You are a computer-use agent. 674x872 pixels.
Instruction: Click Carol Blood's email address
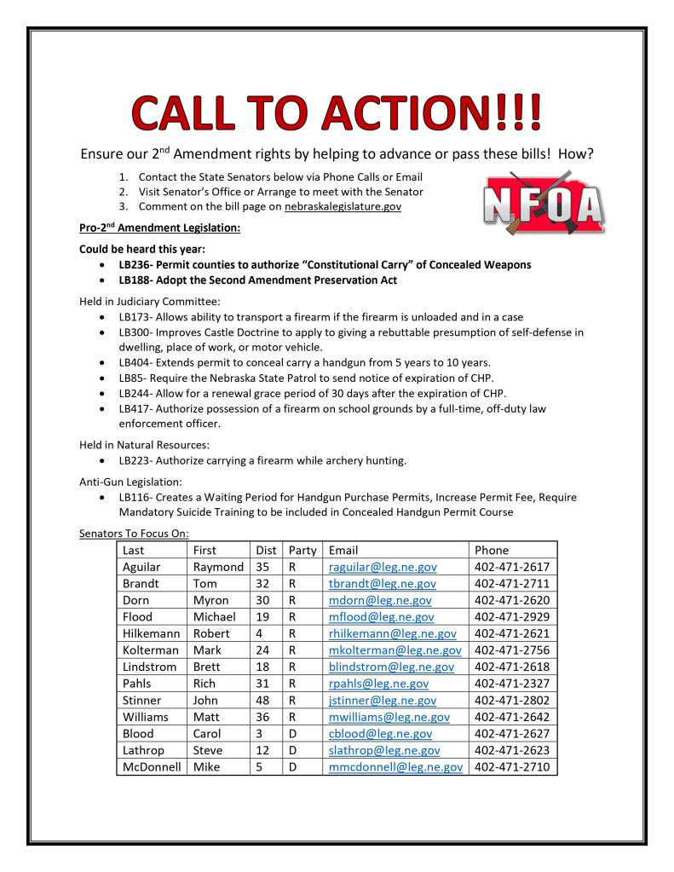coord(380,733)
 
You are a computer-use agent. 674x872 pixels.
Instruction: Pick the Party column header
coord(302,550)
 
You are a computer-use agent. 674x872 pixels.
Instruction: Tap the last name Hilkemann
coord(153,633)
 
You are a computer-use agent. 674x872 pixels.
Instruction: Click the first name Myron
coord(211,600)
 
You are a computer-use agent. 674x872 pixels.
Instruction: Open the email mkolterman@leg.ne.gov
coord(394,650)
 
